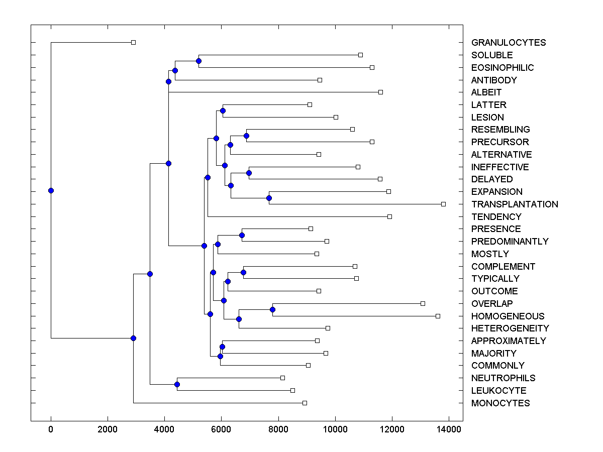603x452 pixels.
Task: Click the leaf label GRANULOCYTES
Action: [x=509, y=43]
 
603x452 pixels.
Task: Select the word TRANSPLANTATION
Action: [x=515, y=204]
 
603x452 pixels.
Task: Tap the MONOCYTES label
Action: [x=500, y=403]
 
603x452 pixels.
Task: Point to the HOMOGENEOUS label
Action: [x=508, y=316]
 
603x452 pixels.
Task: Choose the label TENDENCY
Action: [x=496, y=217]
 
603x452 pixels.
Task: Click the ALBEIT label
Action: [x=486, y=92]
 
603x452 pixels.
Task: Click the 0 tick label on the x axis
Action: [x=51, y=429]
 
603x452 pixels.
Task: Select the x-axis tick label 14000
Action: [x=448, y=429]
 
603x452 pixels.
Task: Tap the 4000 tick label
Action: [x=164, y=429]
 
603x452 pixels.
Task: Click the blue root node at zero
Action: [x=51, y=190]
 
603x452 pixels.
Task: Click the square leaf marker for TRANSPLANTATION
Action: [x=443, y=204]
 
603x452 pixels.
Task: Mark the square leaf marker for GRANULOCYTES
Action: [x=133, y=42]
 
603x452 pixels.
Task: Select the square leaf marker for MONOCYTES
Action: [x=305, y=403]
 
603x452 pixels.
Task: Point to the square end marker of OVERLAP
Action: [x=423, y=303]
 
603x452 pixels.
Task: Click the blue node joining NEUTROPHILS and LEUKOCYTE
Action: [x=177, y=384]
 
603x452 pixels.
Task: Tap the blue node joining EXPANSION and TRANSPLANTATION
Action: [x=269, y=198]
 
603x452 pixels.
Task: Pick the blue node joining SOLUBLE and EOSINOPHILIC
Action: [x=198, y=61]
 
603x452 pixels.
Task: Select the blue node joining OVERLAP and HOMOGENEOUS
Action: [x=272, y=309]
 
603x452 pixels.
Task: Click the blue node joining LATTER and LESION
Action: [x=223, y=110]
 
